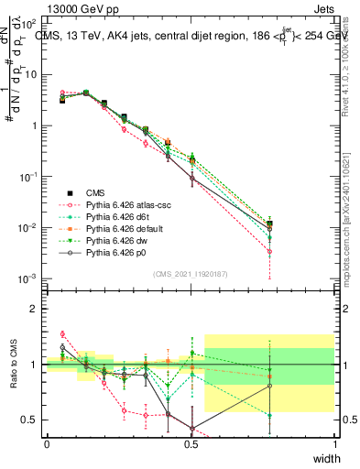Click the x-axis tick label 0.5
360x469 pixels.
click(191, 444)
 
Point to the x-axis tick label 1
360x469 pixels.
click(335, 444)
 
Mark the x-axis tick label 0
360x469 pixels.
click(47, 444)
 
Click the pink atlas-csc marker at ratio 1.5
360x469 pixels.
click(62, 334)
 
